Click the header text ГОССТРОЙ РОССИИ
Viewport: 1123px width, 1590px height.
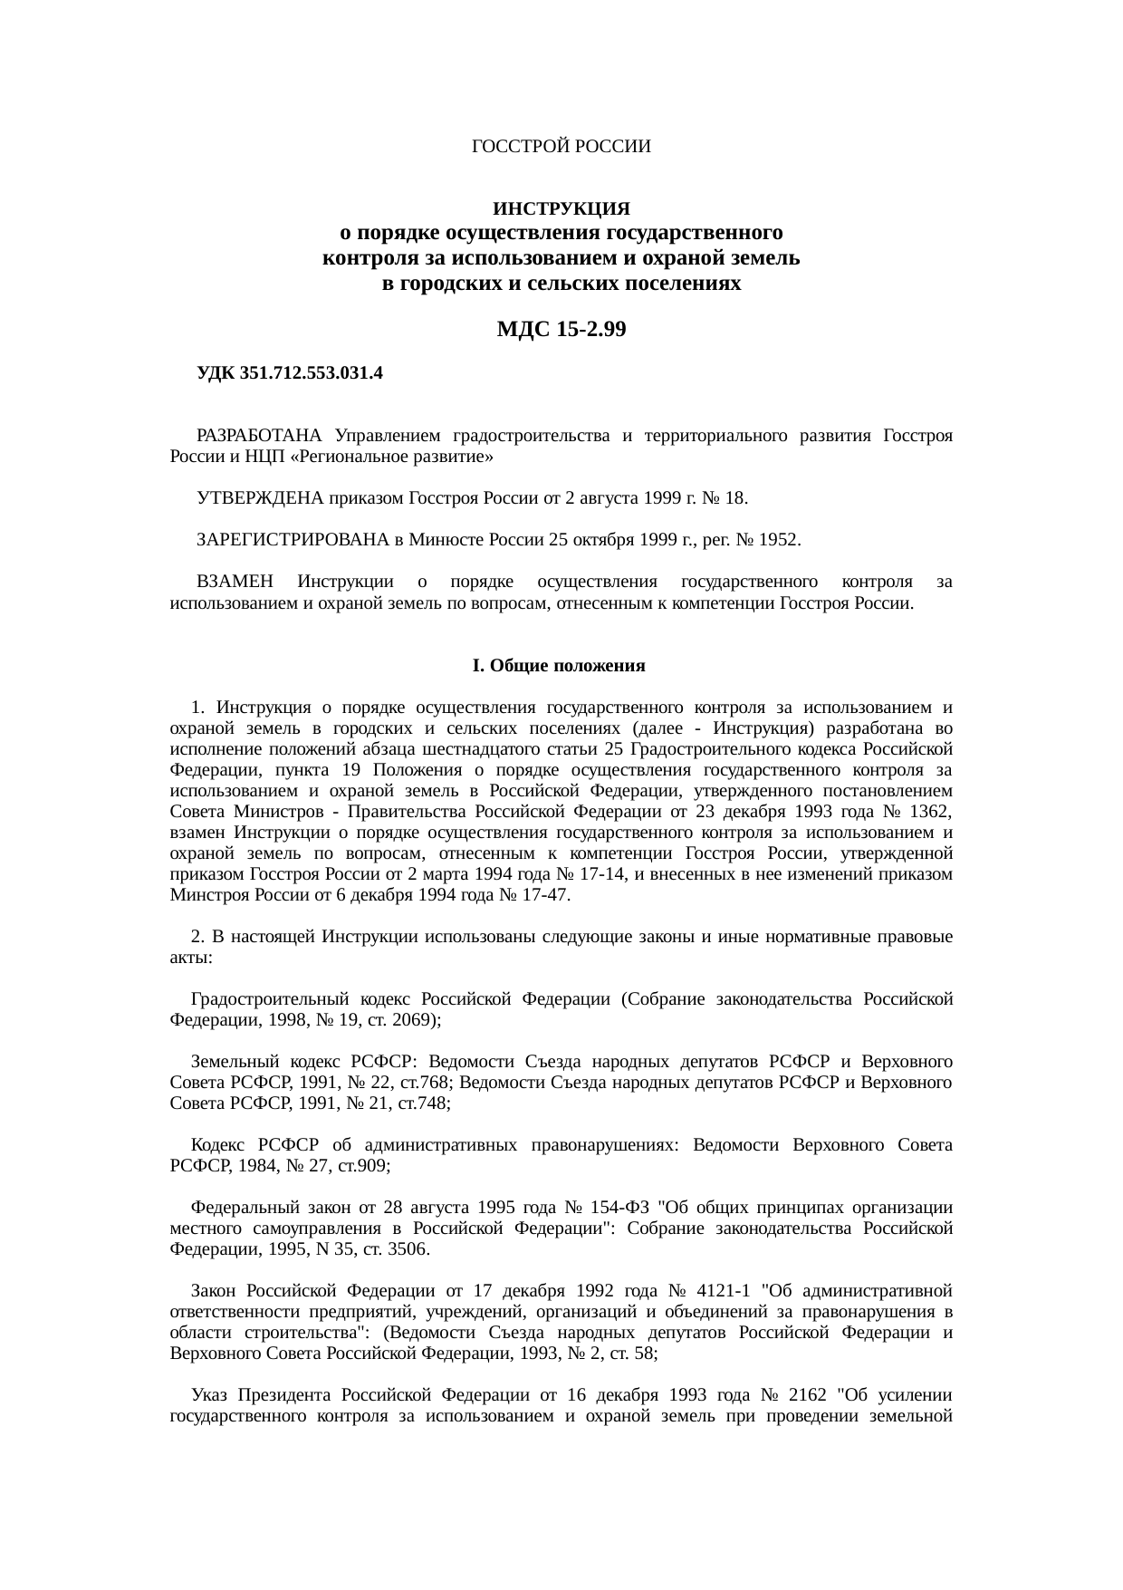561,147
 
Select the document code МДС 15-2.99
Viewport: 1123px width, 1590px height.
561,330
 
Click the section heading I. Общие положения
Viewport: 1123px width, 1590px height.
559,667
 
